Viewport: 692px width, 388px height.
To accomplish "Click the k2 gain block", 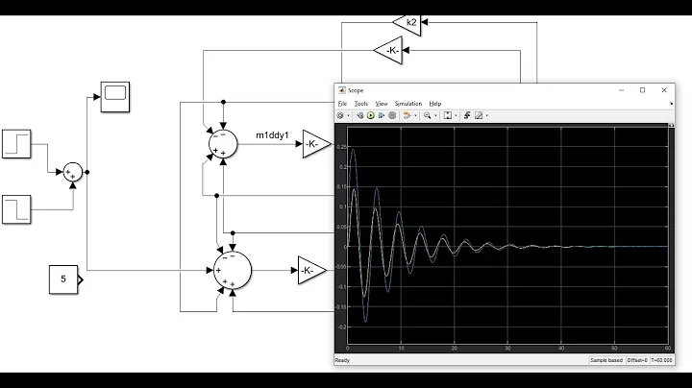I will pos(408,21).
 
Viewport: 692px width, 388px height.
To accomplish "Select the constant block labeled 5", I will pos(64,280).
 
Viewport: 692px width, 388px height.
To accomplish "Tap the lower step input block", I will pos(18,206).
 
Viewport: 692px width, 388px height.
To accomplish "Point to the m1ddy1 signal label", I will pos(272,134).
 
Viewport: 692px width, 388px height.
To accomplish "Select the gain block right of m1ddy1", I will pos(315,145).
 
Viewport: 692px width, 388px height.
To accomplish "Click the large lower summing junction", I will pos(231,270).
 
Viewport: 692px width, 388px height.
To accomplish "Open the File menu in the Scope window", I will pos(341,103).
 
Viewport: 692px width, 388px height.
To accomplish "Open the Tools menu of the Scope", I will pos(360,103).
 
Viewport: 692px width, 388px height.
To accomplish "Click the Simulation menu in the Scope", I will pos(408,103).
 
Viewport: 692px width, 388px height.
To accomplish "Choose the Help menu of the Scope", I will pos(435,103).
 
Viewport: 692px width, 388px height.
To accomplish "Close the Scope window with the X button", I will pos(664,89).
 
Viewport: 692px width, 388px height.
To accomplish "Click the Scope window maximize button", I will pos(642,89).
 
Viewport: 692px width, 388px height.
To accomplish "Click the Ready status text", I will pos(343,360).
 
